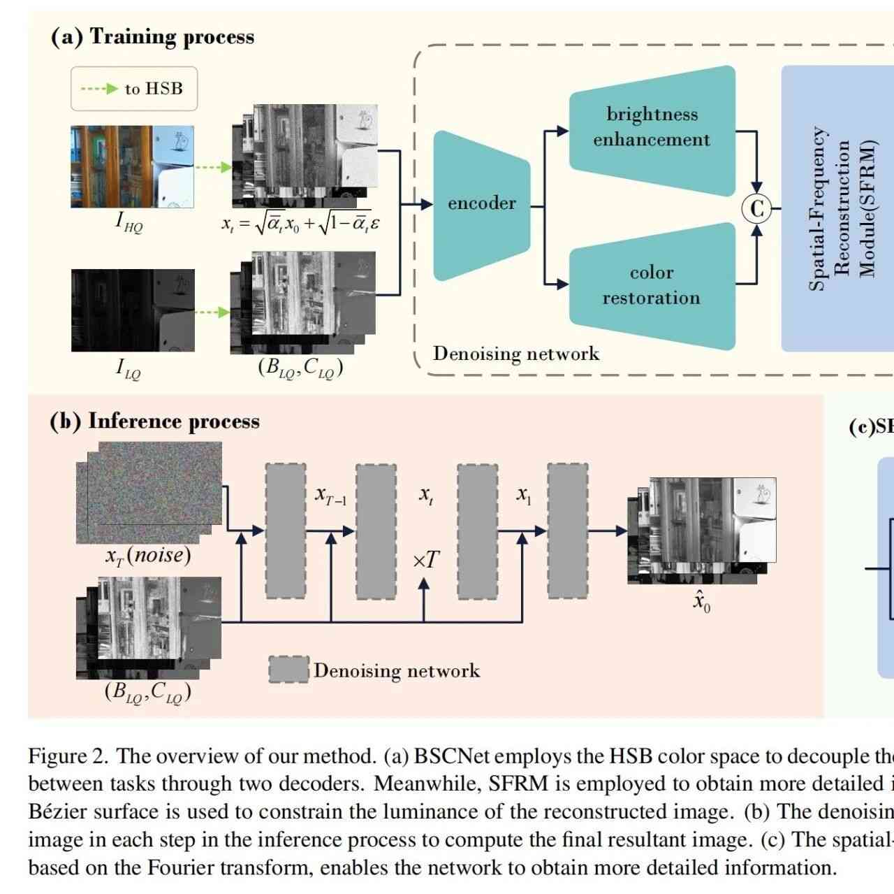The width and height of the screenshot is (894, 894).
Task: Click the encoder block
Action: click(481, 204)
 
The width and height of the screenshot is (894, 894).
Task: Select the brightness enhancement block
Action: click(652, 127)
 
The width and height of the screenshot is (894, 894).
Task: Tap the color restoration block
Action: click(652, 285)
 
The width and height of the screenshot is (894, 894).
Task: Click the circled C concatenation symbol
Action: click(756, 208)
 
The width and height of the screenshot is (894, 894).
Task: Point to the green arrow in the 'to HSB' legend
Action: click(99, 89)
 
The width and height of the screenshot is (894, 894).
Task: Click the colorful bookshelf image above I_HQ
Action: click(132, 166)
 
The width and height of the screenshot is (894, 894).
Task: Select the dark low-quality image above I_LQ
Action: click(133, 310)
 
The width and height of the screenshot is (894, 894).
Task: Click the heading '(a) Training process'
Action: click(152, 36)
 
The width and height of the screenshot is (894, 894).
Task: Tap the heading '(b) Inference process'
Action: click(154, 421)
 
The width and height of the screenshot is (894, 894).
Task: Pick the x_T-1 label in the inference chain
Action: click(330, 496)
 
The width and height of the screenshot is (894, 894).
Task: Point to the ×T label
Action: click(426, 560)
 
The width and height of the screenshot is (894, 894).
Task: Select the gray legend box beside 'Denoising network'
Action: click(288, 670)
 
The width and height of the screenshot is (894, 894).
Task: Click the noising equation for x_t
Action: click(300, 224)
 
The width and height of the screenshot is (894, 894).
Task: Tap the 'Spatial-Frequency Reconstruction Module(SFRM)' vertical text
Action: click(842, 208)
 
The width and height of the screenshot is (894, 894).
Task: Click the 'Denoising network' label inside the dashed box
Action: click(515, 354)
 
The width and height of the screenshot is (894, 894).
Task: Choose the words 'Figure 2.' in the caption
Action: click(68, 756)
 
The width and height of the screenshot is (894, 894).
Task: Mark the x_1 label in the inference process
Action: click(524, 496)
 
